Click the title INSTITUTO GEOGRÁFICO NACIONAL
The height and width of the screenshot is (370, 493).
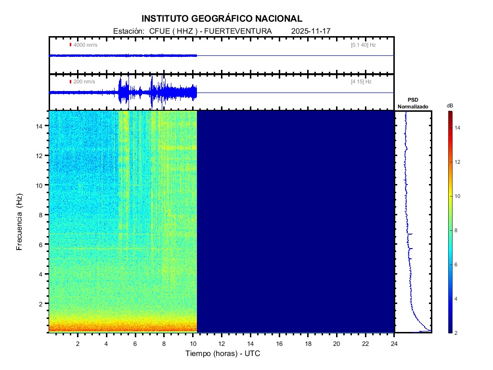[222, 19]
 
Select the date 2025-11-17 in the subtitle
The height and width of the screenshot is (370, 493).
[311, 31]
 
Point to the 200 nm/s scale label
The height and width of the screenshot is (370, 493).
[84, 82]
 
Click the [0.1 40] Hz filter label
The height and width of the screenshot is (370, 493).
[363, 45]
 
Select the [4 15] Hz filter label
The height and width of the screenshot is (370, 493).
[361, 82]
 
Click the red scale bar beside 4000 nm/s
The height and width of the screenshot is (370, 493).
[70, 45]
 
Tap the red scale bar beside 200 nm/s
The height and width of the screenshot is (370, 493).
[70, 82]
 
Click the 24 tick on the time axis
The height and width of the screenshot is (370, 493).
[394, 344]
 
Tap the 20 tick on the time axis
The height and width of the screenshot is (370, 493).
[337, 344]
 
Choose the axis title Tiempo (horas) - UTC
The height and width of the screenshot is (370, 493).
[223, 354]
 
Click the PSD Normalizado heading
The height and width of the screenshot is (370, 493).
[413, 103]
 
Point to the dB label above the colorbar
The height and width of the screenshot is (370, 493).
[450, 105]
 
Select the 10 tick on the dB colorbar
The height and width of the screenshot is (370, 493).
[459, 196]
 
